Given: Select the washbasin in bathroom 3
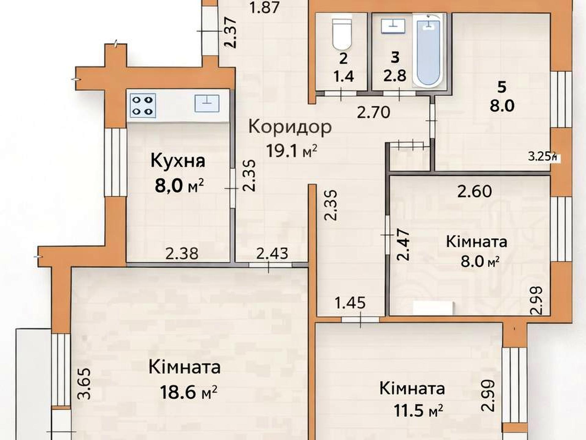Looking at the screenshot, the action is click(x=393, y=26).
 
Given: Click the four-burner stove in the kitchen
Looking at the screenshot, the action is click(x=143, y=106).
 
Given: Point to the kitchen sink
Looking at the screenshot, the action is click(x=207, y=103).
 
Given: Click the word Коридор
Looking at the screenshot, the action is click(x=290, y=127).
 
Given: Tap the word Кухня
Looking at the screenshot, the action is click(x=178, y=161).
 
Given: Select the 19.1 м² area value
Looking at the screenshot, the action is click(x=292, y=151).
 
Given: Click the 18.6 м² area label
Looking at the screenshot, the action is click(x=189, y=392).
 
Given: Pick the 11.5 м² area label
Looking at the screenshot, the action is click(x=418, y=410).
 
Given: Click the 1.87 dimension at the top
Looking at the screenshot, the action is click(x=264, y=7).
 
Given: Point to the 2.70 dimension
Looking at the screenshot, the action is click(x=374, y=112).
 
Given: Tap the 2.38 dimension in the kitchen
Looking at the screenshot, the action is click(x=182, y=253).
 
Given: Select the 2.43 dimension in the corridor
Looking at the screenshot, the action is click(x=272, y=253).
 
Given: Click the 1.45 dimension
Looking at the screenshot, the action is click(x=350, y=303).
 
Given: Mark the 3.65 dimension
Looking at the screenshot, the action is click(x=84, y=384).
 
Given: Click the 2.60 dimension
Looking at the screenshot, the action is click(x=475, y=192).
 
